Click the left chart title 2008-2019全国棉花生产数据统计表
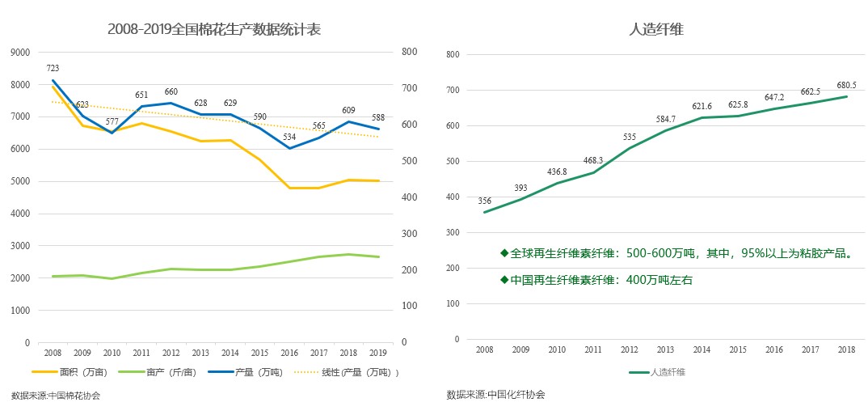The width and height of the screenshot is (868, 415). [214, 30]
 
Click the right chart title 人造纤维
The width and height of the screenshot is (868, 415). [656, 30]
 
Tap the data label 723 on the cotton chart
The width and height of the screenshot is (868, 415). [53, 68]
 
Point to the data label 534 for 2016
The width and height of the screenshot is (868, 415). [291, 137]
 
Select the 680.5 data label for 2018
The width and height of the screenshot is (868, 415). [846, 84]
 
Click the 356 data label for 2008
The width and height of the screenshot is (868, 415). [485, 201]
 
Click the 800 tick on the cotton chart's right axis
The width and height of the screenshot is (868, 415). [409, 53]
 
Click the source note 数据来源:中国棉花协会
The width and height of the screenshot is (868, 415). [56, 396]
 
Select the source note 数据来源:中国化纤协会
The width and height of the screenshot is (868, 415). [495, 395]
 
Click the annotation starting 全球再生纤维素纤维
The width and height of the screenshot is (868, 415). [677, 254]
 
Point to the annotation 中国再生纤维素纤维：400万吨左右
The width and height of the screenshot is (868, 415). [596, 281]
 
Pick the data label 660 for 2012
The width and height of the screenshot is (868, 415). [171, 92]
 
